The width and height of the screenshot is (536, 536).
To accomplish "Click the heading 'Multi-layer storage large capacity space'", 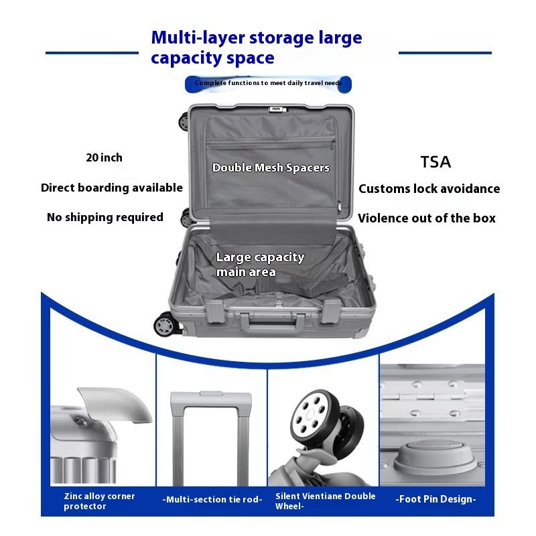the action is [x=257, y=48].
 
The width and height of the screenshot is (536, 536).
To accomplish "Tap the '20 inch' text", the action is [x=105, y=158].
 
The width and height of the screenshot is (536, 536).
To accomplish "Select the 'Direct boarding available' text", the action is [x=112, y=188].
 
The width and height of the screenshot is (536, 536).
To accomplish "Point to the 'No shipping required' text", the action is [x=105, y=217].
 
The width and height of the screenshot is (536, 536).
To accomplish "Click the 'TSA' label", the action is [x=435, y=161].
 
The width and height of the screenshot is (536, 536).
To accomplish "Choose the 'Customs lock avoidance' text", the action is [x=429, y=189].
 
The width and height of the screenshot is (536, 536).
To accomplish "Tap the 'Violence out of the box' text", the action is [x=427, y=218].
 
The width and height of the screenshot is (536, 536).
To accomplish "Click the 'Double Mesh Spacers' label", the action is [x=271, y=167].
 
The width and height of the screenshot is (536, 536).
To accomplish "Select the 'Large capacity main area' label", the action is [x=260, y=265].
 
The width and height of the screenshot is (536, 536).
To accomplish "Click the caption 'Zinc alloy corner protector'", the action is [x=99, y=501].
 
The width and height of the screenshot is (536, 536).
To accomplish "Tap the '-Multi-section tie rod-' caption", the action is [x=212, y=500].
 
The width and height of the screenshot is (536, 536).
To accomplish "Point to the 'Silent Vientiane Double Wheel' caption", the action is [x=326, y=501].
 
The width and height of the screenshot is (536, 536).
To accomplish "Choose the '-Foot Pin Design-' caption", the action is [x=435, y=499].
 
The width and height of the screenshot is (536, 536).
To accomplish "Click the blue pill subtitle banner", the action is [x=268, y=83].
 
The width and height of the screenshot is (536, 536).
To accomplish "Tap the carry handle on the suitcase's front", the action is [x=268, y=324].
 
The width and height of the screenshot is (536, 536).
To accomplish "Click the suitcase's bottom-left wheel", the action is [x=164, y=326].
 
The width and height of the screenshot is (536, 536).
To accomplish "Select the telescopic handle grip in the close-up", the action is [x=210, y=401].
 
